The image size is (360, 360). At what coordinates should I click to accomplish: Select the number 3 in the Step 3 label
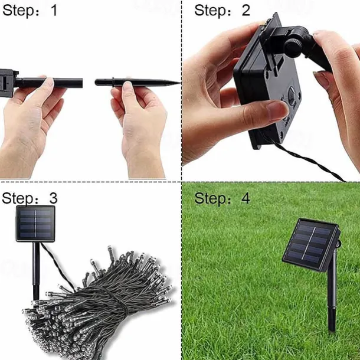tap(54, 197)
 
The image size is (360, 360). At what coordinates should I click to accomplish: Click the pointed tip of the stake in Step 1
tap(177, 82)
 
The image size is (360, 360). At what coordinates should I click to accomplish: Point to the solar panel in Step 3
tap(35, 224)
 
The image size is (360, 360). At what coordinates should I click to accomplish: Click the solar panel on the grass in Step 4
tap(311, 244)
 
